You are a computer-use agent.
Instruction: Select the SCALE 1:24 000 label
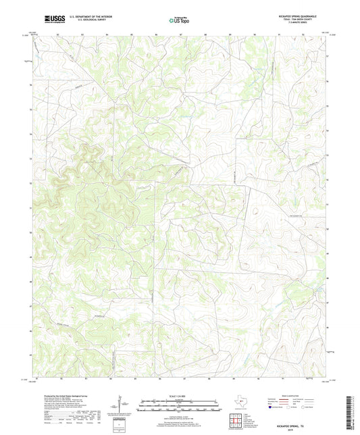pyautogui.click(x=180, y=396)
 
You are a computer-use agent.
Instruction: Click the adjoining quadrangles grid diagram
pyautogui.click(x=236, y=416)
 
